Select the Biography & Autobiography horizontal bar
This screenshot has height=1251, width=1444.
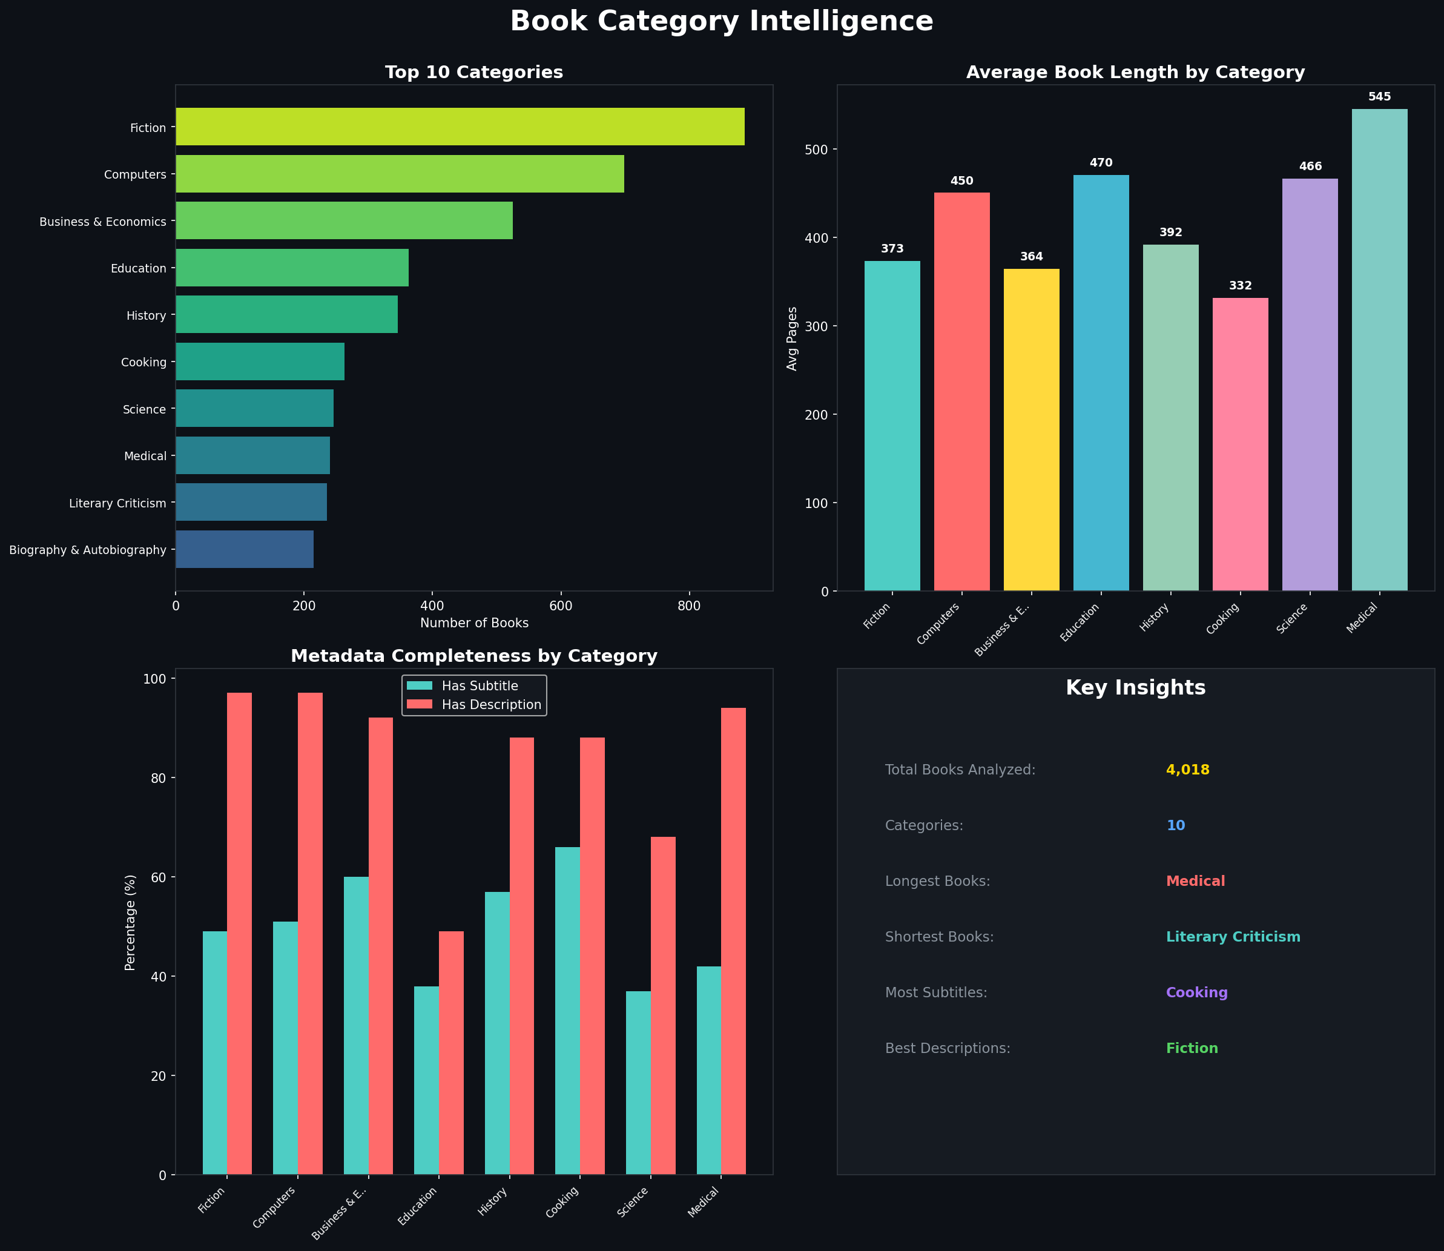[244, 549]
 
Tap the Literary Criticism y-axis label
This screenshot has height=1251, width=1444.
[117, 503]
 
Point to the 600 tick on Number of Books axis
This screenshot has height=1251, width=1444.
[561, 606]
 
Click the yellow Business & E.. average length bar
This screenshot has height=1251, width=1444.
[1031, 429]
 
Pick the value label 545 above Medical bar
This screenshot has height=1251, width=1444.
[1379, 97]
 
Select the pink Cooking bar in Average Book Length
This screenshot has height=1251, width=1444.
[1239, 444]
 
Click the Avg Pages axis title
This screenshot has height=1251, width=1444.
[792, 338]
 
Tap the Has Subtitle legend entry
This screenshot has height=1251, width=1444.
[480, 686]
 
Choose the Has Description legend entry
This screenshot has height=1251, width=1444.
[490, 705]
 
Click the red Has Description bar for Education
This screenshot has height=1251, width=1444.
[451, 1053]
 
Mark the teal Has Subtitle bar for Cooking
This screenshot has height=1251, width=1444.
[567, 1011]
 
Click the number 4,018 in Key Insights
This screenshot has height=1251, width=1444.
[1187, 770]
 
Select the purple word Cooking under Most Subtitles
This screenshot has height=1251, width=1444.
[1196, 992]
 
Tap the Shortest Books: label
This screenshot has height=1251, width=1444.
[938, 937]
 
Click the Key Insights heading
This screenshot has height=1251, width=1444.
[1135, 688]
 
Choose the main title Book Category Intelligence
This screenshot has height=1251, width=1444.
[721, 22]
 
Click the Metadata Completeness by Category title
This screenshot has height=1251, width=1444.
[473, 656]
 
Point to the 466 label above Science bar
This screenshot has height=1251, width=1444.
[1310, 167]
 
